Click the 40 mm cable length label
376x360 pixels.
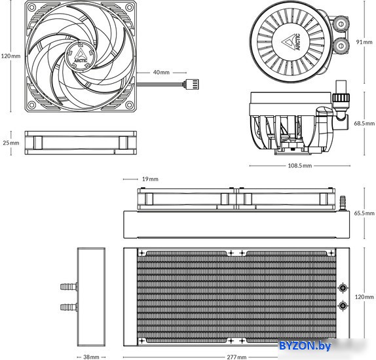tap(161, 72)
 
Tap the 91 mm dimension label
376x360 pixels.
tap(364, 42)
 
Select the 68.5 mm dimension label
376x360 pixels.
tap(364, 124)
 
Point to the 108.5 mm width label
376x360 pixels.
tap(300, 166)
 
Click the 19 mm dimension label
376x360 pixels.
tap(150, 179)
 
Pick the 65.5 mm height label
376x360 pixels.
tap(364, 213)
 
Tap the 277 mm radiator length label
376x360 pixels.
tap(236, 357)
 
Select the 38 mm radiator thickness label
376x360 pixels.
tap(91, 357)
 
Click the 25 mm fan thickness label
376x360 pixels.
tap(11, 143)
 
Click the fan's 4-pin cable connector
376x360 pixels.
tap(191, 84)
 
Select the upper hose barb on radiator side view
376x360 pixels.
tap(69, 287)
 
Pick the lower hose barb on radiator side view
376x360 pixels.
tap(69, 307)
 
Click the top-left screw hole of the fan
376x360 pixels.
tap(31, 7)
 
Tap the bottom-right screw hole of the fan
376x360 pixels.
tap(130, 105)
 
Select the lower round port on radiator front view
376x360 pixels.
tap(343, 306)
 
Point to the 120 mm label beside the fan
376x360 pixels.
tap(11, 56)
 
